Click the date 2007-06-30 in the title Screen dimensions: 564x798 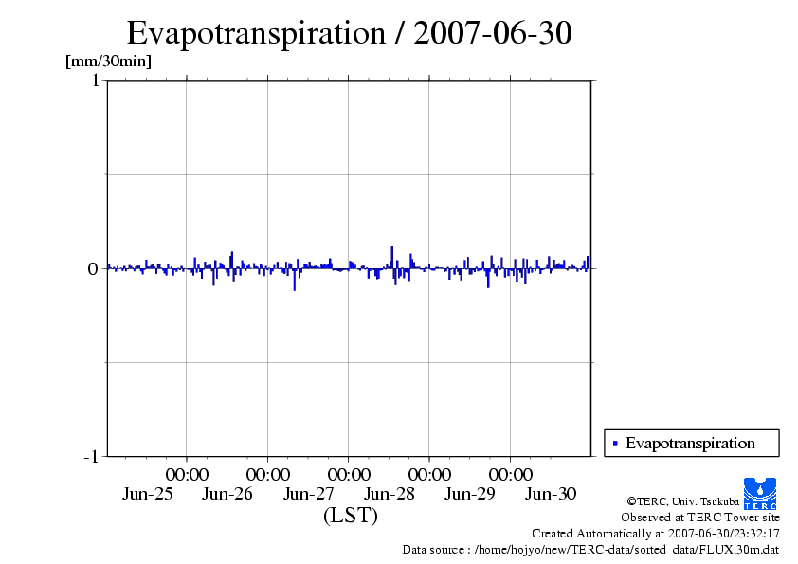[493, 33]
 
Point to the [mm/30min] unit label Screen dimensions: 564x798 [108, 62]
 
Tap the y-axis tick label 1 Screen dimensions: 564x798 [95, 81]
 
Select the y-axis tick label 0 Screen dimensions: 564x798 [93, 268]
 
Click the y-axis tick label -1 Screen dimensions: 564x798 [91, 457]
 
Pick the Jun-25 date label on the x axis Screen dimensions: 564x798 [148, 494]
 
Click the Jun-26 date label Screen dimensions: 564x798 [227, 494]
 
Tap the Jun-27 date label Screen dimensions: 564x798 [309, 494]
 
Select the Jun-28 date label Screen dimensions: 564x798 [390, 494]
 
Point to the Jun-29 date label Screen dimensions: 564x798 [470, 494]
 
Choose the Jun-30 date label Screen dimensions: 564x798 [551, 494]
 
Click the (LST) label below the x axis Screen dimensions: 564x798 [350, 516]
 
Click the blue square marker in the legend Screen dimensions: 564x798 [615, 443]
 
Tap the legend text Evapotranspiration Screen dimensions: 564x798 [690, 443]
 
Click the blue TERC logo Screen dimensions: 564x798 [760, 493]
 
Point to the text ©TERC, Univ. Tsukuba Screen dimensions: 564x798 [682, 500]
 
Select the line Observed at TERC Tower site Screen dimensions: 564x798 [700, 518]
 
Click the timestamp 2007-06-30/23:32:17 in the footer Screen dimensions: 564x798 [723, 534]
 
